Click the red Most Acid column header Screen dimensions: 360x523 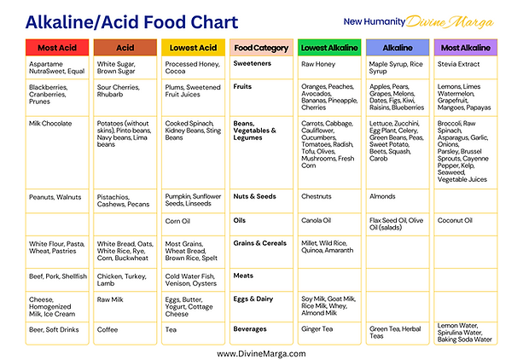(56, 49)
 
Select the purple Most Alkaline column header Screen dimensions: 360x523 (465, 49)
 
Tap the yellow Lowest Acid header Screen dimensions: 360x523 (192, 49)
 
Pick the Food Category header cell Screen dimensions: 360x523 (260, 49)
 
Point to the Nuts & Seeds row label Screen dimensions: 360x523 (255, 196)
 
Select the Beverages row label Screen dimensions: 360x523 (250, 328)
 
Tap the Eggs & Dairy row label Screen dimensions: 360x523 (253, 299)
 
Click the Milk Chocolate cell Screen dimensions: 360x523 (53, 123)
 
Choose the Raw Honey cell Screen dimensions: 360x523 (318, 64)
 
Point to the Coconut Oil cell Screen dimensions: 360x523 (455, 220)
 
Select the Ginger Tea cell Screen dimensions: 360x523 (317, 328)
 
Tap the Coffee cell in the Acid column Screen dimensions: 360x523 (108, 328)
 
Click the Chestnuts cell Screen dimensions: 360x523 (317, 196)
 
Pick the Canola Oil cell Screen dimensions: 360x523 (317, 220)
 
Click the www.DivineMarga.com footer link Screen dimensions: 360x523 (261, 351)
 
